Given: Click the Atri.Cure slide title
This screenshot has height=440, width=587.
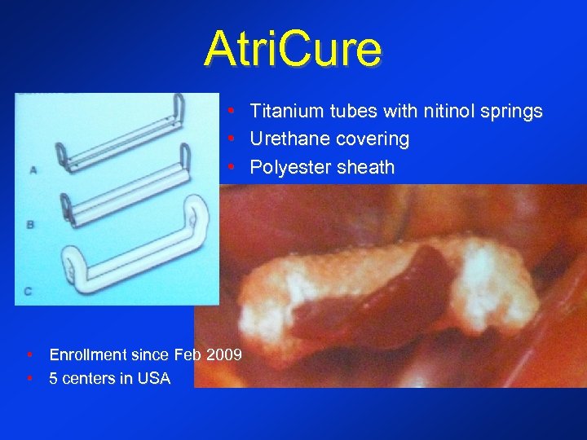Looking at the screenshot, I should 293,49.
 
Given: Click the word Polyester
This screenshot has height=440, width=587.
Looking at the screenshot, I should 285,168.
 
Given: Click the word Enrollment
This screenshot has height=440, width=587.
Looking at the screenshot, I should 88,355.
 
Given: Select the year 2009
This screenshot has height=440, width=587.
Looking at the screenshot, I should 224,355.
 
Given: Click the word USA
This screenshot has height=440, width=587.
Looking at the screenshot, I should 155,378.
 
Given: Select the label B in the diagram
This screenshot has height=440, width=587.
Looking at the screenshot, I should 30,224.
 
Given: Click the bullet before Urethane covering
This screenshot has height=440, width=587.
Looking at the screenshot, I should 232,139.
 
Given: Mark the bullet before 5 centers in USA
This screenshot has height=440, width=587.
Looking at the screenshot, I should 29,378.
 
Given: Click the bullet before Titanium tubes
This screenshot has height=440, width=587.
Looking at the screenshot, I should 232,111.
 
